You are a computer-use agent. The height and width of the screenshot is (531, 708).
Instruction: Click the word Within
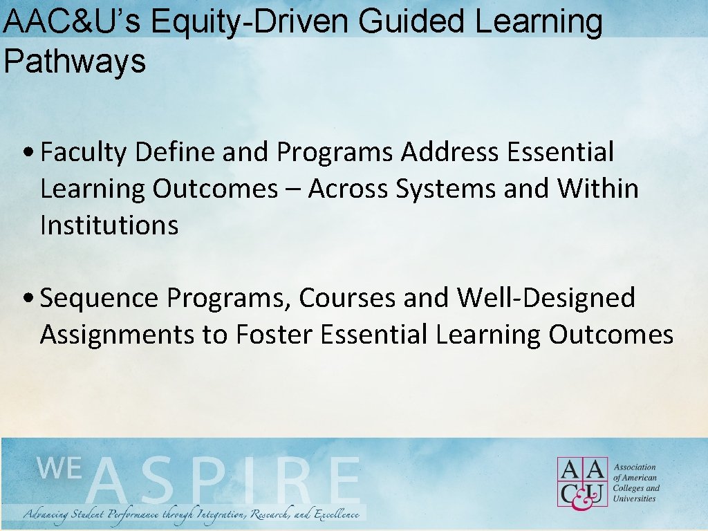tap(598, 189)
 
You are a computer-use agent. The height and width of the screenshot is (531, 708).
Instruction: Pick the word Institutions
tap(109, 225)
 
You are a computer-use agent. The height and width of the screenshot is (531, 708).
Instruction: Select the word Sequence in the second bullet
tap(100, 299)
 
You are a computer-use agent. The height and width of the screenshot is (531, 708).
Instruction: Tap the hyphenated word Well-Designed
tap(546, 299)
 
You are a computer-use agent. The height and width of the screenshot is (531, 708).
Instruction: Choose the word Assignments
tap(118, 335)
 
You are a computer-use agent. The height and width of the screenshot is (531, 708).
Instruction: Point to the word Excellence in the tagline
tap(337, 515)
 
